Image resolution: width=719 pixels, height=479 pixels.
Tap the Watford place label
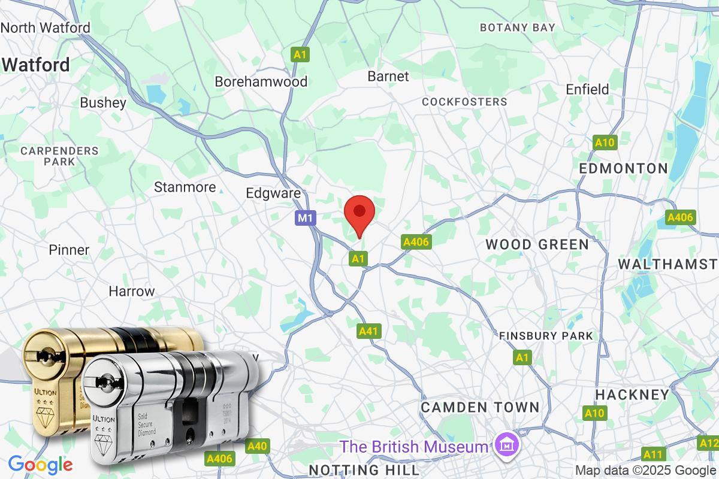[36, 65]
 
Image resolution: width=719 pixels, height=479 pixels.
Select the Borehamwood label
[261, 81]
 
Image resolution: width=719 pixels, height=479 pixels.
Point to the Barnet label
[388, 76]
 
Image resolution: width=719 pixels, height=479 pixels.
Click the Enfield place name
[587, 89]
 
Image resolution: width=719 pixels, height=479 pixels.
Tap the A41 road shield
[369, 331]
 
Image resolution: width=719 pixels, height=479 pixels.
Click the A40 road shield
[258, 446]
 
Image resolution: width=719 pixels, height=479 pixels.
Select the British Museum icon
[507, 446]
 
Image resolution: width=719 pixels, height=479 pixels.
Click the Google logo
[40, 464]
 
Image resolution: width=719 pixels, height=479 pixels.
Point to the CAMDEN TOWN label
[480, 407]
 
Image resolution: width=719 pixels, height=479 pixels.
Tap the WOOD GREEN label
[537, 244]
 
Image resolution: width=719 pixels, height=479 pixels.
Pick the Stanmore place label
[185, 187]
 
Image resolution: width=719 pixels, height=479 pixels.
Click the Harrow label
[132, 292]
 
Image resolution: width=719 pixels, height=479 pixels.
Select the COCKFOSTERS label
[464, 102]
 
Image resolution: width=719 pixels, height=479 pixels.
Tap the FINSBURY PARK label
[546, 336]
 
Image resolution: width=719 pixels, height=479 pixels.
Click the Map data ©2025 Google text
[645, 470]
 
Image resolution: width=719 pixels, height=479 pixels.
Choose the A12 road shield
[708, 444]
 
